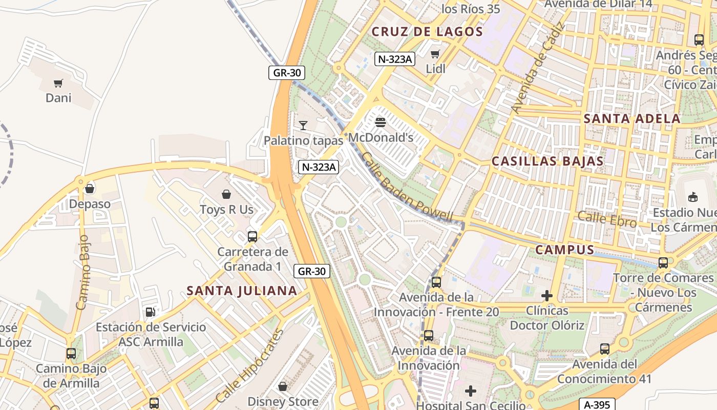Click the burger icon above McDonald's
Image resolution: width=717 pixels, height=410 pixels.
pos(380,122)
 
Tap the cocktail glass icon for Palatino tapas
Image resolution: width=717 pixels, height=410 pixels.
pos(303,125)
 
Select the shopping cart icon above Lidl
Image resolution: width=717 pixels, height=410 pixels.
pos(435,54)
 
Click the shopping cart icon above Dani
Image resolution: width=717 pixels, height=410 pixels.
pos(58,83)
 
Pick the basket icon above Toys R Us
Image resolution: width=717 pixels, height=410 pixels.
pos(226,194)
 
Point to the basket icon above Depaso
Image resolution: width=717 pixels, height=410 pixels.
pos(90,189)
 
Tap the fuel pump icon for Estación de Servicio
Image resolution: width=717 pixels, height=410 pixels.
pos(151,312)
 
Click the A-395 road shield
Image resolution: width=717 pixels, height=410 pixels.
pos(597,404)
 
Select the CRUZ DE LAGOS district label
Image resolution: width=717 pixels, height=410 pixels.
pos(427,32)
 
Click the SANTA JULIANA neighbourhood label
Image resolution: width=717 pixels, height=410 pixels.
pos(242,291)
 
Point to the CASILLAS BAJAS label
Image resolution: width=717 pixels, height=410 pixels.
pos(547,161)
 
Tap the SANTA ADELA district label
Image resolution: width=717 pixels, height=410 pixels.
pos(632,119)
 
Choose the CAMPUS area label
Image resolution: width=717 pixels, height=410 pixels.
pos(565,250)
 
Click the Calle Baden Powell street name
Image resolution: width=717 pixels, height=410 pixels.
pos(408,188)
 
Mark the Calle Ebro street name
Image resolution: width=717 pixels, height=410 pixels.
pos(607,219)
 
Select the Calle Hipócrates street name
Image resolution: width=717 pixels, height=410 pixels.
pos(250,365)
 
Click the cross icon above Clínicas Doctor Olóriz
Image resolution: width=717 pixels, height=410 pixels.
pos(547,296)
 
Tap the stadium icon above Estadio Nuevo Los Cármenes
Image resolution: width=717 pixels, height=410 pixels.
pos(693,197)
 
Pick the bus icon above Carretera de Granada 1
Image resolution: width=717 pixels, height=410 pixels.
pos(252,236)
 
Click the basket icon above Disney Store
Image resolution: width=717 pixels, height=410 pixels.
pos(283,386)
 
